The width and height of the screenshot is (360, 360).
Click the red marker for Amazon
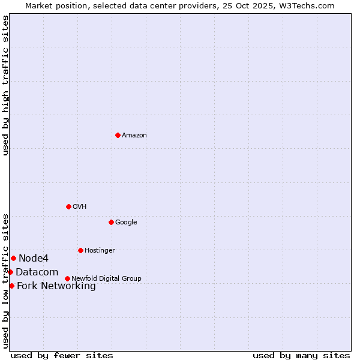click(118, 135)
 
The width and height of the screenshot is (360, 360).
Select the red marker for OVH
click(68, 206)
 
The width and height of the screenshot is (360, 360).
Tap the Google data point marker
click(111, 222)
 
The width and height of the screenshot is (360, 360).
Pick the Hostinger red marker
click(80, 250)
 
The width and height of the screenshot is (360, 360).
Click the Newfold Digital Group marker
click(67, 278)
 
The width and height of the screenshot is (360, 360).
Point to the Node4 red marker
click(13, 258)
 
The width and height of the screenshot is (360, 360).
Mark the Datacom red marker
click(10, 272)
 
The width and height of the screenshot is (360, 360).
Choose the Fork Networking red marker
click(11, 286)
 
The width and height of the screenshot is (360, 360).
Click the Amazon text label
click(134, 136)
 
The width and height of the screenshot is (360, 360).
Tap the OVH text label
click(80, 207)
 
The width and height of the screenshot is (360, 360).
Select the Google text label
click(126, 223)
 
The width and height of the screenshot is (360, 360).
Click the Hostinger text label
click(100, 251)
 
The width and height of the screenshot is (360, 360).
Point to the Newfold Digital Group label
click(106, 279)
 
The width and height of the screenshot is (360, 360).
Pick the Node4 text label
click(34, 259)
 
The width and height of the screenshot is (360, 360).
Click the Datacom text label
click(37, 272)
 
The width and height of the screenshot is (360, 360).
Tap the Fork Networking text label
click(56, 286)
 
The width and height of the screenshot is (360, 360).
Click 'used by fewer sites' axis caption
click(62, 355)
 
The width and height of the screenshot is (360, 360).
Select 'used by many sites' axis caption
click(301, 355)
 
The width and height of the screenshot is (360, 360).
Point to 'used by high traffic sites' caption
click(5, 85)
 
